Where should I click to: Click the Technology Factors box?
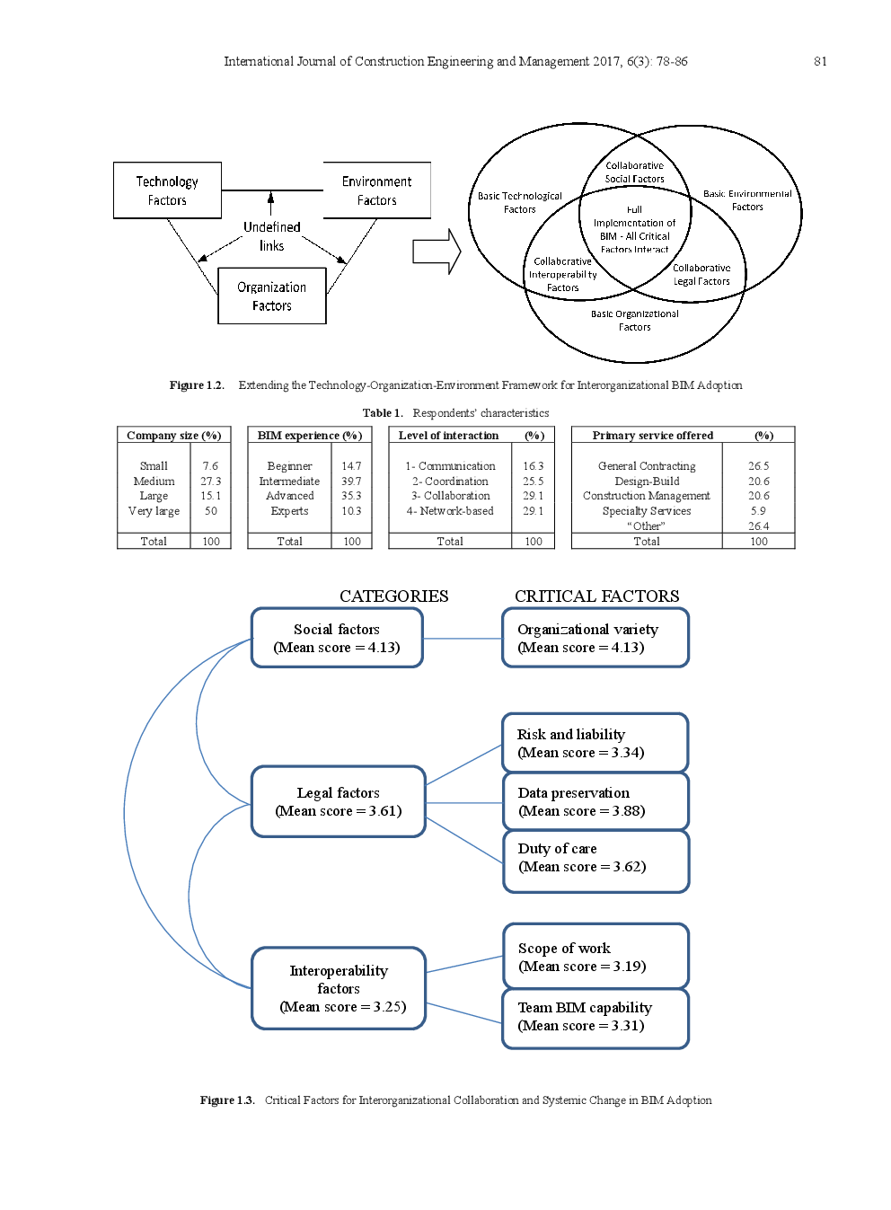pos(167,190)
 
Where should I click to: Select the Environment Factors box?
pos(376,190)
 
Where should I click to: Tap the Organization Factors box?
pos(271,296)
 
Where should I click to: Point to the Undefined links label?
pos(271,236)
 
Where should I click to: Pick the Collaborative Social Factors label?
pos(634,172)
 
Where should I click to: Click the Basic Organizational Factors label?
pos(634,321)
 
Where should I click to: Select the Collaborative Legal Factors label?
pos(701,275)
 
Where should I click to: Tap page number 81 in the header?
pos(820,61)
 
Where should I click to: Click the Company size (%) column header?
pos(173,436)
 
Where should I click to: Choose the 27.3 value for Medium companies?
pos(210,481)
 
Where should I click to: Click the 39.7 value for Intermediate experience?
pos(350,481)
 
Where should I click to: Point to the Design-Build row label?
pos(647,481)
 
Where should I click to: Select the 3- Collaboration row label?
pos(451,496)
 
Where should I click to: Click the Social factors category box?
pos(337,638)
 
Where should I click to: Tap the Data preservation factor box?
pos(595,801)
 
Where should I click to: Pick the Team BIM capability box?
pos(595,1017)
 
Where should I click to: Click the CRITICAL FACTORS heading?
pos(596,596)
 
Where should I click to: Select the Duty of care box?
pos(595,858)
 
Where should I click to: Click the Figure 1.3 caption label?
pos(226,1100)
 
